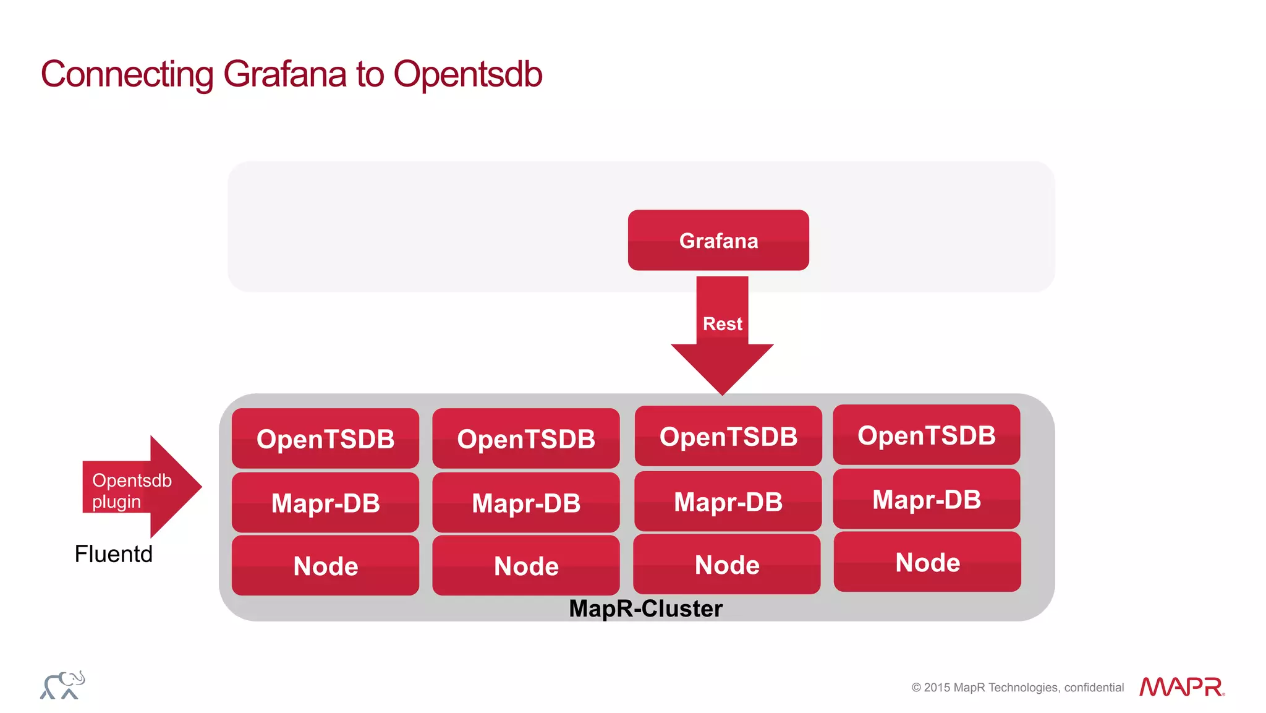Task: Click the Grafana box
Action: pos(718,240)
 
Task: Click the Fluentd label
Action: pos(113,554)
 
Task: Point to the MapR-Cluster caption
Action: pos(645,608)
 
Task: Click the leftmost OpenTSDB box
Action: pos(325,438)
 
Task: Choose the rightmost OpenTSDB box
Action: pos(926,435)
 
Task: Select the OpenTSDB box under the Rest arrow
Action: pos(728,436)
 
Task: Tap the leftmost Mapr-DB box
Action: pos(325,502)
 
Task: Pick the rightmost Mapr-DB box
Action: pos(926,499)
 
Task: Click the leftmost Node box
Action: pos(325,565)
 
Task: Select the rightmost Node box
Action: pos(927,562)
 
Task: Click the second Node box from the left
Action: pos(525,565)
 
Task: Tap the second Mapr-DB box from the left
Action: pos(525,502)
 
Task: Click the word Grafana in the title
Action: pos(284,74)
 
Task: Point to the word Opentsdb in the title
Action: pos(467,74)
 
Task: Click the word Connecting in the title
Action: pos(127,74)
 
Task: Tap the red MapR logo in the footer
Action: pos(1181,686)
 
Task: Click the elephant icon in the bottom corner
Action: pos(62,685)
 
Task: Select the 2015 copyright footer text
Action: pos(1017,688)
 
